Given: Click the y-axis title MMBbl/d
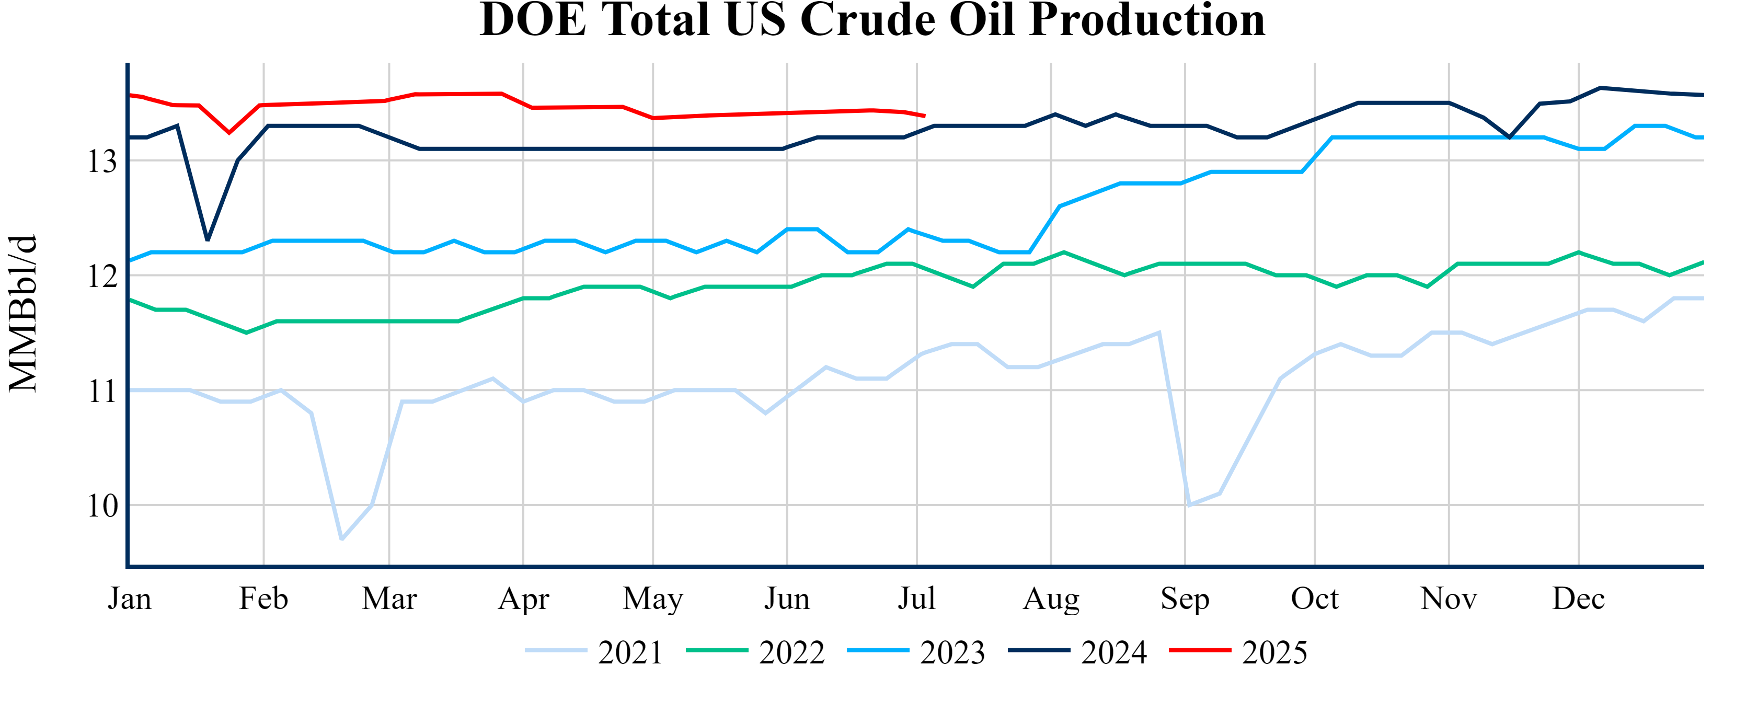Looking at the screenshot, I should coord(23,313).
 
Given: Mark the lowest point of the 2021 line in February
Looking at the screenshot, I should coord(341,540).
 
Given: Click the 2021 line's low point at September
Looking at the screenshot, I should coord(1189,505).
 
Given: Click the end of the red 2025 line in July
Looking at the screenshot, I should coord(925,116).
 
